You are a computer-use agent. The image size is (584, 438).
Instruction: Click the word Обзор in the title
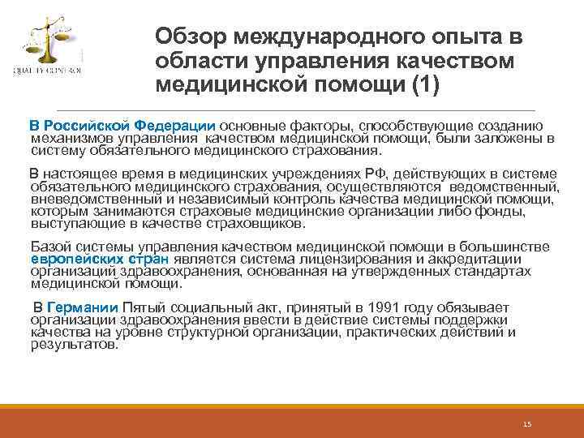click(x=190, y=36)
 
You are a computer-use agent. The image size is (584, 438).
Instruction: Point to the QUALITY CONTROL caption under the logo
click(x=46, y=71)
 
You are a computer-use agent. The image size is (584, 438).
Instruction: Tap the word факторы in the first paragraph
click(x=320, y=126)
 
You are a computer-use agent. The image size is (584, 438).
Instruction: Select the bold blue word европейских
click(x=77, y=260)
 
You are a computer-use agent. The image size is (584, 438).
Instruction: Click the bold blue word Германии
click(x=84, y=307)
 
